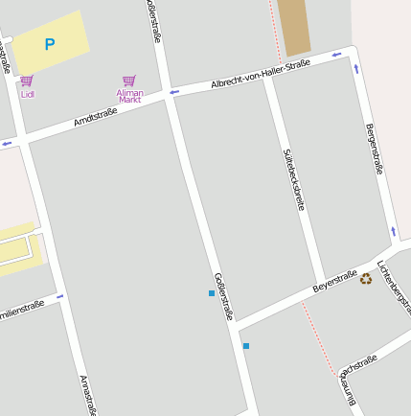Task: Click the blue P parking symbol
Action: (x=50, y=44)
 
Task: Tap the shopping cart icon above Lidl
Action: (x=27, y=81)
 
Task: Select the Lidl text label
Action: (x=27, y=94)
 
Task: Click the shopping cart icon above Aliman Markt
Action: (x=129, y=81)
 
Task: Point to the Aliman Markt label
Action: (x=129, y=96)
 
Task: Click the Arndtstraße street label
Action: (x=95, y=117)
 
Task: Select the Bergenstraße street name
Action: (x=375, y=149)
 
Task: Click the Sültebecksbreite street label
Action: (x=293, y=179)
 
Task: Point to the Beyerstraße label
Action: (x=334, y=281)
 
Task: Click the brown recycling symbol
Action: (x=366, y=279)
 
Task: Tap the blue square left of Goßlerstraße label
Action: (x=212, y=292)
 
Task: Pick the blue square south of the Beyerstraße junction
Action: (x=246, y=345)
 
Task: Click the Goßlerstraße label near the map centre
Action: (x=223, y=296)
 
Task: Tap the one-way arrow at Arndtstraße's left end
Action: (x=8, y=143)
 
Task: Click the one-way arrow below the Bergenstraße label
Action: (x=393, y=231)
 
